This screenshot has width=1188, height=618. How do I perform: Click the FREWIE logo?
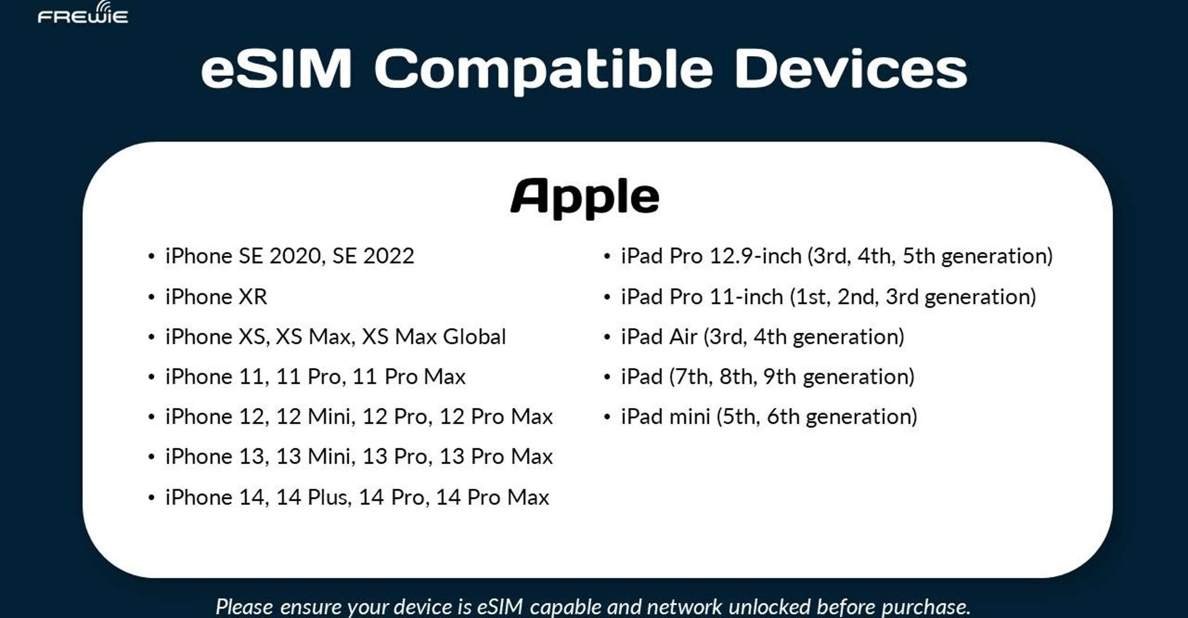click(x=83, y=12)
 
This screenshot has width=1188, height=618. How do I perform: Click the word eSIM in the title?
click(x=276, y=69)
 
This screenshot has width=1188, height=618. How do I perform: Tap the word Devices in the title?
click(x=851, y=69)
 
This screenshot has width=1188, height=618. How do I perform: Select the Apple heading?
click(x=585, y=197)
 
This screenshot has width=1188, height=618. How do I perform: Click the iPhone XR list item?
click(x=216, y=297)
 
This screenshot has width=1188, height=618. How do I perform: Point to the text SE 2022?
click(x=373, y=256)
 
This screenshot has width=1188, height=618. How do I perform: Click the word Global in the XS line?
click(x=474, y=337)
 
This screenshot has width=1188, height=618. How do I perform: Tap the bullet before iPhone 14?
click(x=151, y=497)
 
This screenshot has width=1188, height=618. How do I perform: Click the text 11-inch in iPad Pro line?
click(x=746, y=297)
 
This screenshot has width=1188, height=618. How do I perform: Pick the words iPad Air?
click(x=659, y=337)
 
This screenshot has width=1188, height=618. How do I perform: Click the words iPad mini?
click(x=665, y=417)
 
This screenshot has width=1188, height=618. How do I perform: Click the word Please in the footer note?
click(x=245, y=606)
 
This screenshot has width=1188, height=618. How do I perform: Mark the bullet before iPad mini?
click(x=607, y=417)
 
